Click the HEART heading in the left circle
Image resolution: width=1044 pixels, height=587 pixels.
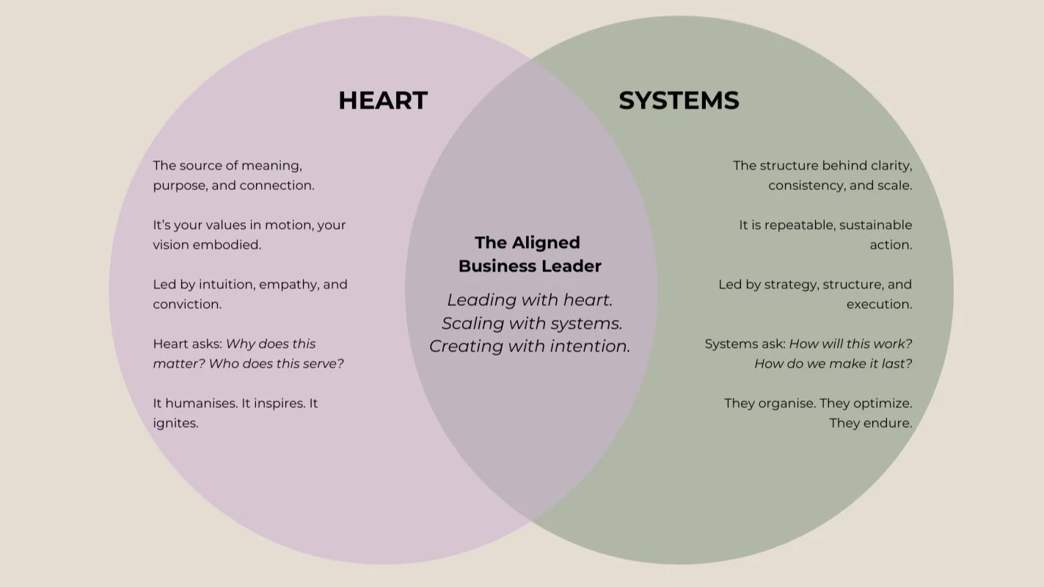tap(382, 101)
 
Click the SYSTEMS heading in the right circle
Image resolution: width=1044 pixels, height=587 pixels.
tap(679, 101)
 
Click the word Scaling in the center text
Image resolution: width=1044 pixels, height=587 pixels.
tap(470, 323)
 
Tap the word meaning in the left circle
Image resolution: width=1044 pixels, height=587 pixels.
tap(277, 166)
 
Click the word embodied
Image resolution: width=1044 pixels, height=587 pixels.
tap(228, 245)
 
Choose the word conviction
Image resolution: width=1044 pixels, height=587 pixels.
tap(186, 305)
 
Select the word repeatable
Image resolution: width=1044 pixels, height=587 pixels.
tap(797, 225)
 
